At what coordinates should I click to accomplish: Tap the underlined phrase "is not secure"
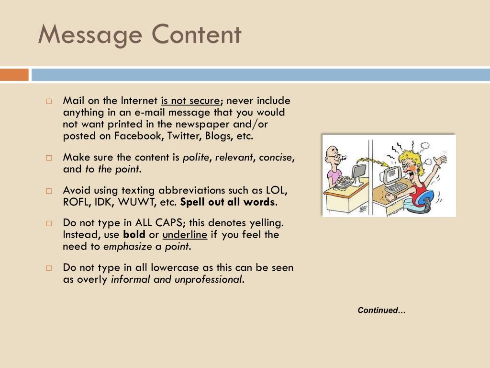(190, 101)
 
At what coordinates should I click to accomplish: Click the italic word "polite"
(197, 158)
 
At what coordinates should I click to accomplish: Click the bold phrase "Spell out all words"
(228, 202)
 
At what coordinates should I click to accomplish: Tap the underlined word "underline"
(185, 235)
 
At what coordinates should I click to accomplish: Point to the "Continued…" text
(381, 310)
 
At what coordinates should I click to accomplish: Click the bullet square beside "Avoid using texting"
(49, 191)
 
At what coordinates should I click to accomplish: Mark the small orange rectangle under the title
(14, 75)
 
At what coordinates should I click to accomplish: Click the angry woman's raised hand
(439, 161)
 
